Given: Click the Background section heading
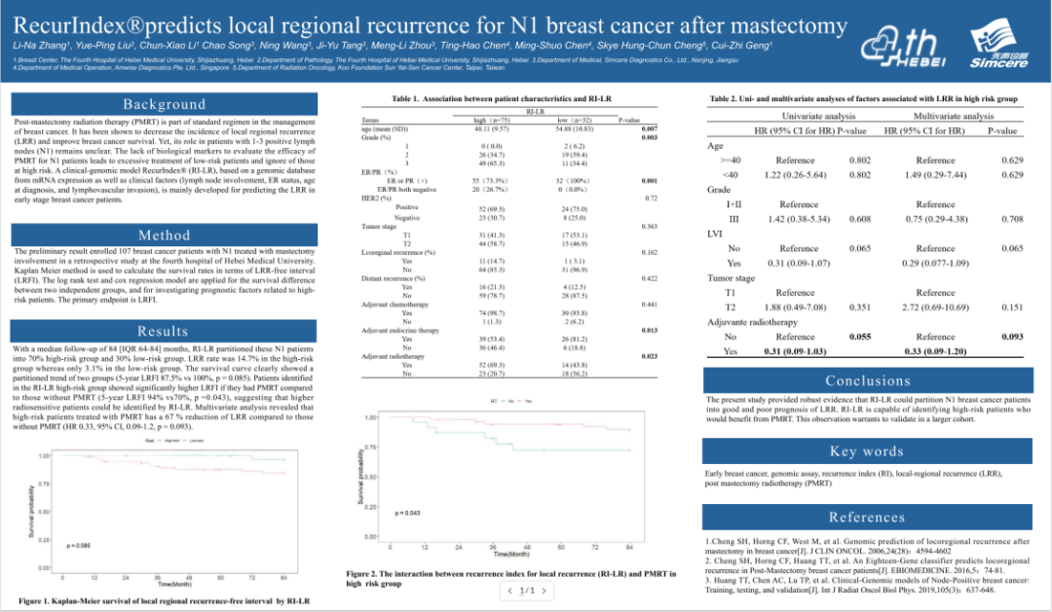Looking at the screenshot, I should pyautogui.click(x=164, y=104).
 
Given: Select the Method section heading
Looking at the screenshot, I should pyautogui.click(x=164, y=235).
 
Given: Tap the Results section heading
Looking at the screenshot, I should pyautogui.click(x=164, y=331).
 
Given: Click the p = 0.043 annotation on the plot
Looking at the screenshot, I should pyautogui.click(x=407, y=513).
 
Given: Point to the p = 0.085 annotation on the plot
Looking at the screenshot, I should pyautogui.click(x=78, y=546).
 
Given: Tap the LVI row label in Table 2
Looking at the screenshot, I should pyautogui.click(x=717, y=234).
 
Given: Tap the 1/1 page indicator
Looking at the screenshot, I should pyautogui.click(x=524, y=592).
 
